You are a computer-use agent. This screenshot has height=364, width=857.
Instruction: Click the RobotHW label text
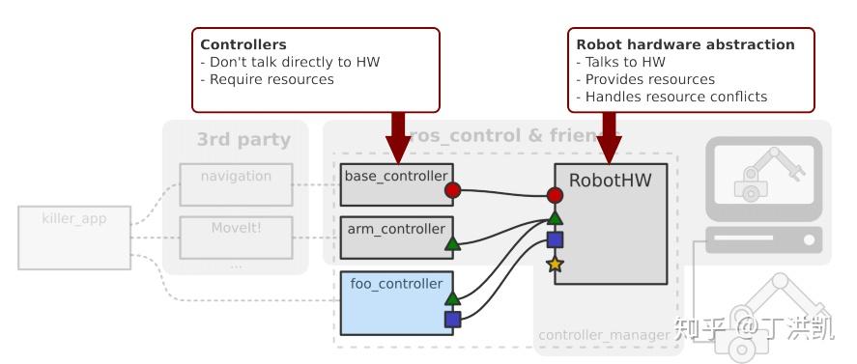pyautogui.click(x=609, y=180)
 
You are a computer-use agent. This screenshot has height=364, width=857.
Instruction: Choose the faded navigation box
pyautogui.click(x=236, y=183)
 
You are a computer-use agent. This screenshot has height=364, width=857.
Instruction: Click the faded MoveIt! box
pyautogui.click(x=236, y=237)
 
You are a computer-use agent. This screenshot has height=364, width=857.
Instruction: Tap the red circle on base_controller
pyautogui.click(x=452, y=190)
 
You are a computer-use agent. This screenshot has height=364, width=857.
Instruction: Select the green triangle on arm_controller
pyautogui.click(x=452, y=244)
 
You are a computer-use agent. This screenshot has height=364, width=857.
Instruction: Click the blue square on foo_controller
pyautogui.click(x=452, y=320)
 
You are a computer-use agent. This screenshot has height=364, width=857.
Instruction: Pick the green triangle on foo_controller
pyautogui.click(x=452, y=298)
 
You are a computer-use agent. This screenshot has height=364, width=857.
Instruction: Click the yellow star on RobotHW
pyautogui.click(x=555, y=264)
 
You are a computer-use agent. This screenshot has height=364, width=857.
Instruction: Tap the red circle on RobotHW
pyautogui.click(x=555, y=195)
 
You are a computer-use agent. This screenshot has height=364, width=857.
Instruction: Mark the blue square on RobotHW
pyautogui.click(x=555, y=239)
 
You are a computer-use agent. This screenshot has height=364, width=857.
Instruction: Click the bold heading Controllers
pyautogui.click(x=243, y=44)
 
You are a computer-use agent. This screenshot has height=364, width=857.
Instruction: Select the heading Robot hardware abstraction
pyautogui.click(x=685, y=44)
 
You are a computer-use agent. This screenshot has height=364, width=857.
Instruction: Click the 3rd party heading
pyautogui.click(x=243, y=139)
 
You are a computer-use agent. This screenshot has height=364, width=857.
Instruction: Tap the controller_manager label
pyautogui.click(x=604, y=335)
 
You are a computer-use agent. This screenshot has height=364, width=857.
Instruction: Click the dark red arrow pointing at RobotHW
pyautogui.click(x=609, y=135)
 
